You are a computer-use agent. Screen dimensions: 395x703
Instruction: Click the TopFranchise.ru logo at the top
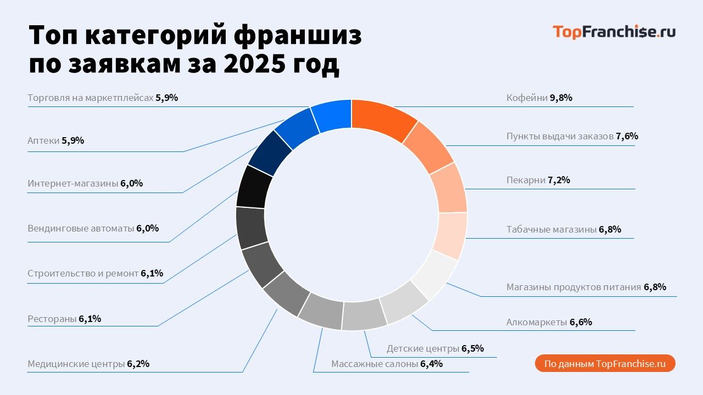click(x=613, y=32)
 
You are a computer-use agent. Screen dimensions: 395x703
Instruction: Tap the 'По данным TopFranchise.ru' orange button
click(x=605, y=364)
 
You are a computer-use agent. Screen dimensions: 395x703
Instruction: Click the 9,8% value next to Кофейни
click(x=561, y=98)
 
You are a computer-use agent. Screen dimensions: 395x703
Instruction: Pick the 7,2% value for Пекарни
click(x=559, y=180)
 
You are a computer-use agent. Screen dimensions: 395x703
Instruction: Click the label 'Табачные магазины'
click(x=551, y=229)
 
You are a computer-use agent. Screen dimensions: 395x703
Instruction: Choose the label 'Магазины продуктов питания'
click(x=573, y=287)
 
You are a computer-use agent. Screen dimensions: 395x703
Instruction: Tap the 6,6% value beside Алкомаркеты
click(x=581, y=322)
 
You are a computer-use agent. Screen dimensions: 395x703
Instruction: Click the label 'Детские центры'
click(x=422, y=348)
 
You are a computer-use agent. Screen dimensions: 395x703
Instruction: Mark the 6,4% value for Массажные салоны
click(x=431, y=364)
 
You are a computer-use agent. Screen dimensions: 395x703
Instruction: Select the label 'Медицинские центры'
click(x=76, y=364)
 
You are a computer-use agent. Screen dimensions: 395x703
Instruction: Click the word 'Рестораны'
click(x=52, y=319)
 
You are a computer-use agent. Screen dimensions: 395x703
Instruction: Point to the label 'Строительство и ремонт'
click(x=83, y=273)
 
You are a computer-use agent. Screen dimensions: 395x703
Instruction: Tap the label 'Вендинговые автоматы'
click(x=81, y=228)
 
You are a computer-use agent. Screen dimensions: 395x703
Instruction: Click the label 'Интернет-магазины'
click(x=72, y=183)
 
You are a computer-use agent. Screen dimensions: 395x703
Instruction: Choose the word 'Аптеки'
click(x=43, y=140)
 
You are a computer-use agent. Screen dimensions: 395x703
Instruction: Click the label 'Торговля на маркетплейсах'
click(x=90, y=98)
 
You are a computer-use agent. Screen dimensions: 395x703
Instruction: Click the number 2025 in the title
click(x=253, y=64)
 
